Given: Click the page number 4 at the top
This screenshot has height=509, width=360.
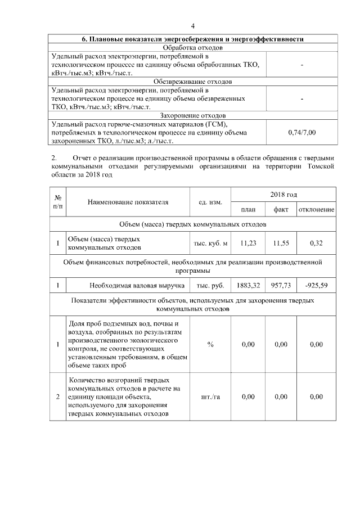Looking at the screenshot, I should [x=193, y=26].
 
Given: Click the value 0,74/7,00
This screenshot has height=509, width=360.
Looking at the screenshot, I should [x=302, y=132].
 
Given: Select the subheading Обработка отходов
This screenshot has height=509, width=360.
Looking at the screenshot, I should [x=193, y=48].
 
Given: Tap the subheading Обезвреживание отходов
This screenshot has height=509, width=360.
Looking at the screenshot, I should [x=193, y=82].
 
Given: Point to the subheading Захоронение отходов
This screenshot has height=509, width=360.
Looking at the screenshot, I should [x=193, y=115].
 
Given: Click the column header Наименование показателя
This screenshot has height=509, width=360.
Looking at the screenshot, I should [x=128, y=202].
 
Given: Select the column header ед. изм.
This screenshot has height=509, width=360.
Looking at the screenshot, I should [x=210, y=202].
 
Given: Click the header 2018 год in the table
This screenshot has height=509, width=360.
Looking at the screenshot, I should [x=283, y=194].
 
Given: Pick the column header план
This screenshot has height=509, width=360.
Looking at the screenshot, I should [x=248, y=210].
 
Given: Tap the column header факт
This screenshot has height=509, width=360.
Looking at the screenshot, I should [x=281, y=210].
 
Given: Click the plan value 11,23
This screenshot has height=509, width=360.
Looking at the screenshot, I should [x=248, y=243].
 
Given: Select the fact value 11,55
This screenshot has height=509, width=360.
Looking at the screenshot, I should [x=281, y=243].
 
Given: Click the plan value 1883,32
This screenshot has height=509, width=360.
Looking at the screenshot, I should [x=248, y=286].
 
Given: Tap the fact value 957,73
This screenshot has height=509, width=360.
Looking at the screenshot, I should [x=281, y=286].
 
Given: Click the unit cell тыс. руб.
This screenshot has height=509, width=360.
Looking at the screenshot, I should [x=210, y=286].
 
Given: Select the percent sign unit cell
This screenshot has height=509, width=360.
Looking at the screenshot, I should [x=210, y=344].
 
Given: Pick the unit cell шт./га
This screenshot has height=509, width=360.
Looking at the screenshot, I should [x=210, y=397].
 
